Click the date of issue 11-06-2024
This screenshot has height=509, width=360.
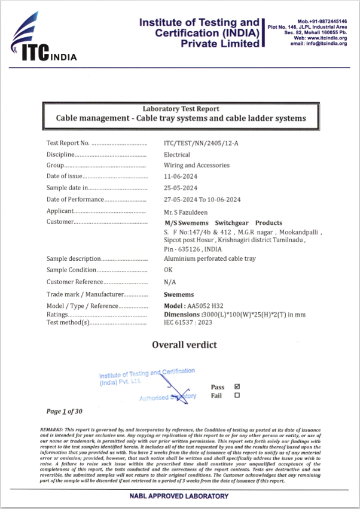point(180,176)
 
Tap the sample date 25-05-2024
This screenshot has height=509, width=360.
point(180,188)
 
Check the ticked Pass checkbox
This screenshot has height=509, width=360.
point(237,386)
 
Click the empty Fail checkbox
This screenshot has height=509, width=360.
point(237,395)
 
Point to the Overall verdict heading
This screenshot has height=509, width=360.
point(184,345)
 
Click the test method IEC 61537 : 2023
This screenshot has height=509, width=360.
point(188,322)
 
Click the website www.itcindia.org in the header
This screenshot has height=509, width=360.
point(328,38)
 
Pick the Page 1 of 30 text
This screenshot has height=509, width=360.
point(64,412)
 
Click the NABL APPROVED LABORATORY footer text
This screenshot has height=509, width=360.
point(179,496)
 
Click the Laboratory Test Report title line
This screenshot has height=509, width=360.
point(181,109)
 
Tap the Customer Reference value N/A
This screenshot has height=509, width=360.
point(169,282)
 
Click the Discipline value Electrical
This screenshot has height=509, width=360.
point(177,154)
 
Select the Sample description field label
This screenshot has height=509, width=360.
point(74,259)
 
